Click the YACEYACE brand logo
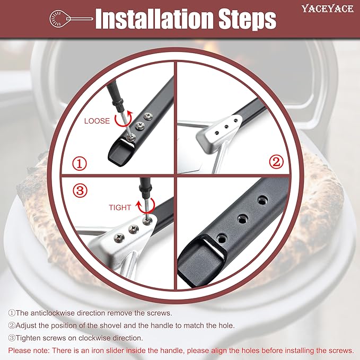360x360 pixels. click(x=328, y=8)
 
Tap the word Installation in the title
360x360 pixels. click(x=153, y=19)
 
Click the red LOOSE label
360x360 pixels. click(x=97, y=121)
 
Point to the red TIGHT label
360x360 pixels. click(x=120, y=207)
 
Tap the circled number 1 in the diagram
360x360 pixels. click(x=80, y=163)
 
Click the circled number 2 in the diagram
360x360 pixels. click(x=276, y=161)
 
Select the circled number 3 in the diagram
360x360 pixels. click(x=80, y=190)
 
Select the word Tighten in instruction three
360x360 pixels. click(x=28, y=338)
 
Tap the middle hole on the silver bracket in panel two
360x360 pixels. click(x=226, y=127)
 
